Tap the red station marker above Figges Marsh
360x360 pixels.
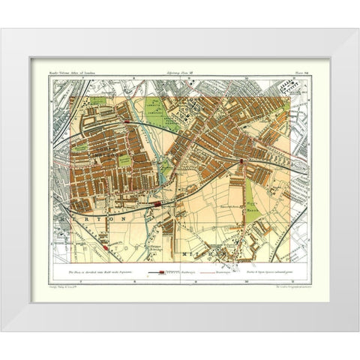[x=241, y=160]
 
